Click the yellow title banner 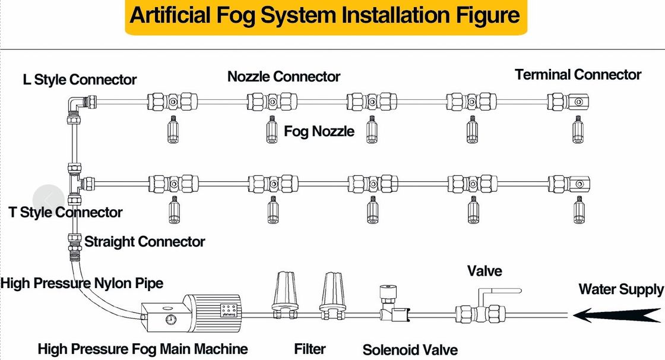(x=325, y=17)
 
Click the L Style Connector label (x=80, y=80)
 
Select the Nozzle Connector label (x=284, y=77)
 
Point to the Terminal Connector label (x=578, y=75)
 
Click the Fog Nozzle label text (x=319, y=131)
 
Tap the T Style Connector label (x=65, y=212)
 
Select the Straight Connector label (x=144, y=242)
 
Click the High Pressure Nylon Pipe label (x=81, y=283)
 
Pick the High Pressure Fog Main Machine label (x=142, y=349)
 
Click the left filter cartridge (x=283, y=292)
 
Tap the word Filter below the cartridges (x=310, y=349)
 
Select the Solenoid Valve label (x=410, y=350)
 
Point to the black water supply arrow (x=617, y=315)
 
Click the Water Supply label (x=621, y=289)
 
